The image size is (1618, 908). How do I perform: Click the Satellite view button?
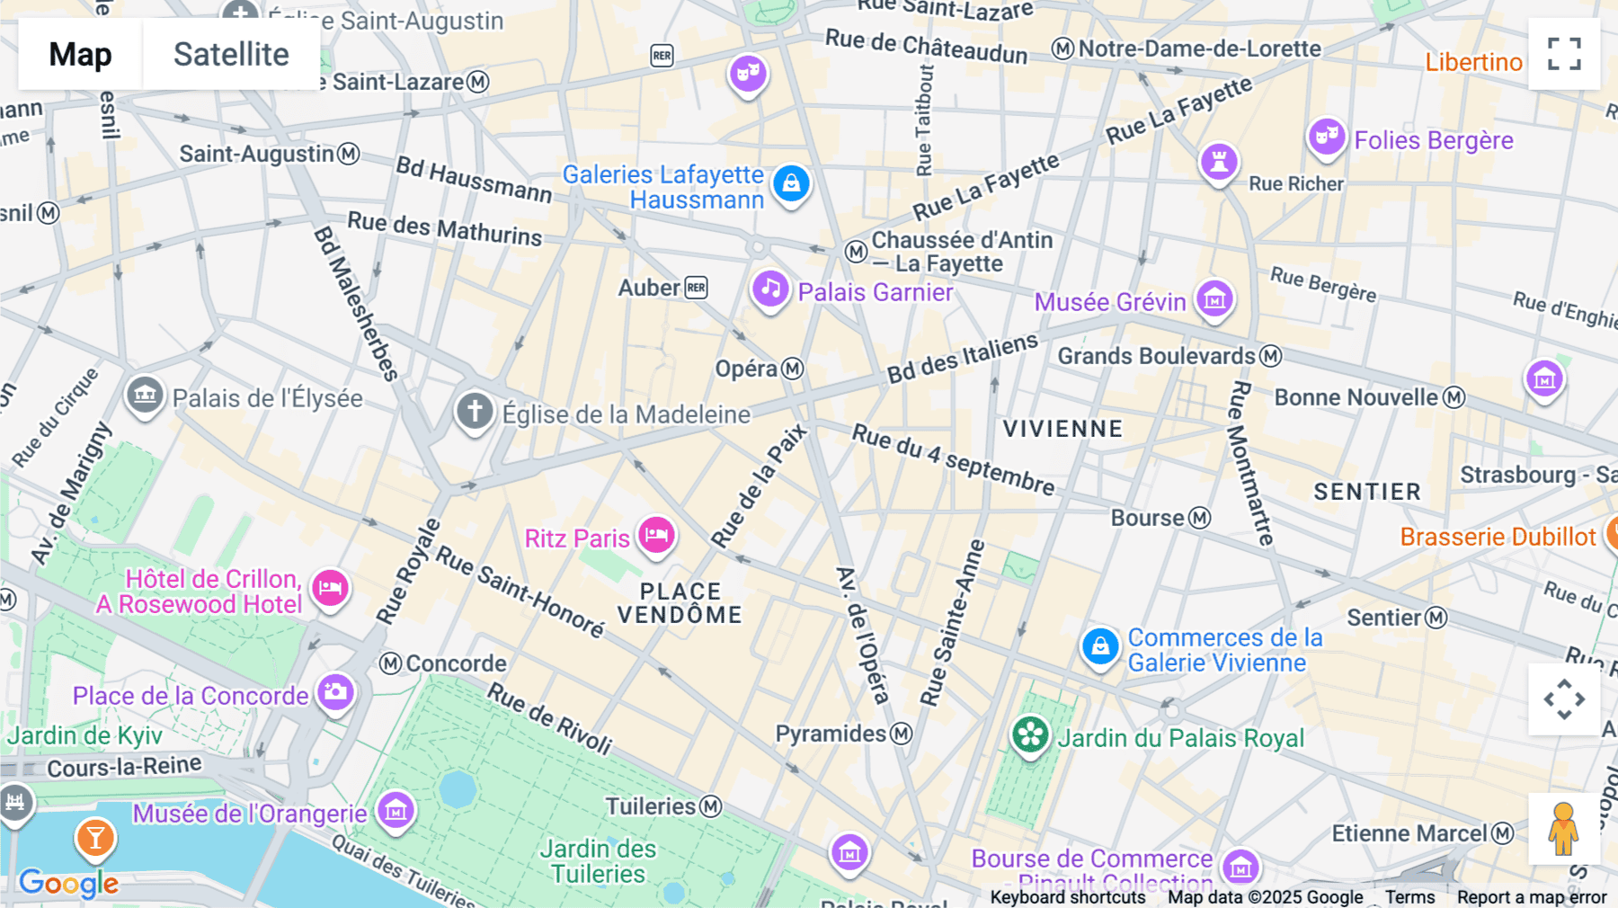(231, 54)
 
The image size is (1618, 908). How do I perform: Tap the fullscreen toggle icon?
(1564, 54)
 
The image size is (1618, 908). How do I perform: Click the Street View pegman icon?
(1564, 828)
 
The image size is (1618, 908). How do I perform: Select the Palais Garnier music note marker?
(770, 289)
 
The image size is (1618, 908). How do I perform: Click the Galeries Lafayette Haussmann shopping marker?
(791, 183)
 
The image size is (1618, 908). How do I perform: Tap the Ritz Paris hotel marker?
(657, 536)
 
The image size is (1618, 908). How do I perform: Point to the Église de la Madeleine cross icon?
(475, 411)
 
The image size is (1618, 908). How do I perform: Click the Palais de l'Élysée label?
(268, 398)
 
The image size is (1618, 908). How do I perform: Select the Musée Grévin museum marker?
(1214, 299)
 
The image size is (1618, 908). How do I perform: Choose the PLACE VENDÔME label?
(680, 603)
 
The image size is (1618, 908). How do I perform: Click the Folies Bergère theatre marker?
(1326, 138)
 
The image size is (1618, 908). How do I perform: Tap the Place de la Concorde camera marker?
(335, 692)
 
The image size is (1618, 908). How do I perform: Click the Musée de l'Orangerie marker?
(396, 810)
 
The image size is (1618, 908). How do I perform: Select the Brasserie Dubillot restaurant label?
(1498, 537)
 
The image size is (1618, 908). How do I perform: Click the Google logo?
(68, 883)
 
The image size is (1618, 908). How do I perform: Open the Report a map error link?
(1531, 897)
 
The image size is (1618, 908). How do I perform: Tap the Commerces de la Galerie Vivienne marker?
(1099, 646)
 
